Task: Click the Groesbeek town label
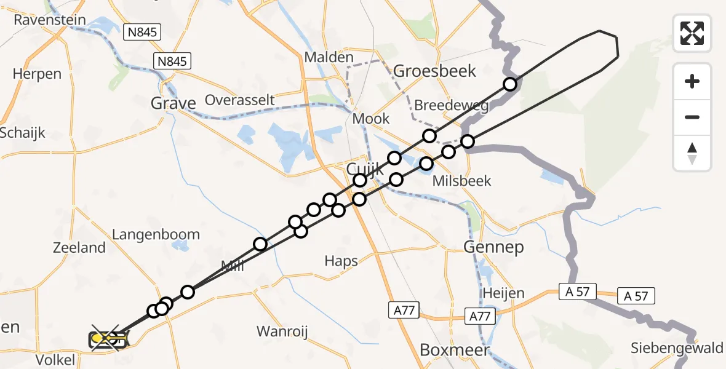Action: (434, 71)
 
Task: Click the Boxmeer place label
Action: (454, 351)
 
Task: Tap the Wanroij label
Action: (282, 331)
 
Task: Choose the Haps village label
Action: (341, 261)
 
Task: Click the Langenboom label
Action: (156, 234)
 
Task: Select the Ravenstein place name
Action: (50, 20)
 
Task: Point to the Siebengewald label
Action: (677, 348)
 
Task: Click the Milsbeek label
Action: (462, 181)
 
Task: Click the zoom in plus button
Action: (692, 81)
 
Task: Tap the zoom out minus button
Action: (692, 117)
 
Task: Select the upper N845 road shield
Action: (142, 33)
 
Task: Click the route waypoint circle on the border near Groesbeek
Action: (509, 84)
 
